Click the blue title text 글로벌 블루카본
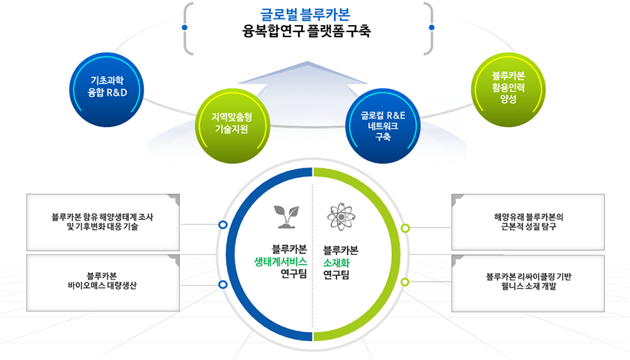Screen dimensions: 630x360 (x=305, y=15)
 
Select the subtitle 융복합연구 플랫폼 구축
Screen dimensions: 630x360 (x=306, y=32)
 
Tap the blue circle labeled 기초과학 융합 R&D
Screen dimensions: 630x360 (x=107, y=90)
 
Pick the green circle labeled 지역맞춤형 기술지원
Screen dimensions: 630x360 (x=232, y=126)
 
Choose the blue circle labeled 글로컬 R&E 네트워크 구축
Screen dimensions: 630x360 (x=382, y=126)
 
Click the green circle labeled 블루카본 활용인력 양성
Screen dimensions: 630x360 (x=508, y=90)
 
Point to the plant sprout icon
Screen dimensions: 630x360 (x=286, y=217)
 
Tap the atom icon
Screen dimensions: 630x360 (x=341, y=217)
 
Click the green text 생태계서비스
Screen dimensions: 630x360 (x=281, y=262)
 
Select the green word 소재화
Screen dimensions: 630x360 (x=336, y=263)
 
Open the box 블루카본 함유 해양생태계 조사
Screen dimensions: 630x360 (x=103, y=222)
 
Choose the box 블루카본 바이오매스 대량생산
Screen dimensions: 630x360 (x=103, y=282)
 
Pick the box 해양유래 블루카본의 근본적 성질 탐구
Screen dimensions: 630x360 (x=528, y=222)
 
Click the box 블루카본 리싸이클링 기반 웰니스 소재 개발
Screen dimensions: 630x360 (x=528, y=283)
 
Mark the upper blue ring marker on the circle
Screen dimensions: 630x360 (x=223, y=225)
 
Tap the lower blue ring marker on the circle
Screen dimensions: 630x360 (x=223, y=284)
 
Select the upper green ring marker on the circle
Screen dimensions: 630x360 (x=405, y=228)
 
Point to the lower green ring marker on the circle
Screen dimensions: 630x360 (x=405, y=282)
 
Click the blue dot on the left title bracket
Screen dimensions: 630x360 (x=184, y=27)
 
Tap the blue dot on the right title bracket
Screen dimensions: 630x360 (x=431, y=27)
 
